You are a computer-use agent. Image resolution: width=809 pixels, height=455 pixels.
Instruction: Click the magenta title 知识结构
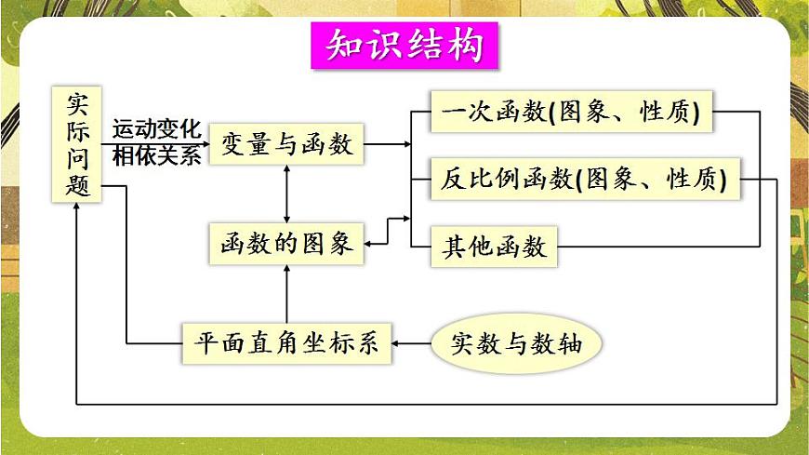pos(404,45)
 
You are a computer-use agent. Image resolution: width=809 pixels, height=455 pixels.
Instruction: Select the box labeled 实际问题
pos(77,143)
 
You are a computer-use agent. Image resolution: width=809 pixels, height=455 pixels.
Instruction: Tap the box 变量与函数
pos(286,143)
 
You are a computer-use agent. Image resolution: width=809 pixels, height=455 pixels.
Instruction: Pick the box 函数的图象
pos(286,243)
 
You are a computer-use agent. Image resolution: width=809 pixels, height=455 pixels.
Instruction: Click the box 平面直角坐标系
pos(286,342)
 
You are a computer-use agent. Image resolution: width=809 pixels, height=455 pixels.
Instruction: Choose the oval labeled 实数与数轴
pos(515,343)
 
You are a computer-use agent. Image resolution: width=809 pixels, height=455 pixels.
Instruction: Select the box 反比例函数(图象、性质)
pos(584,179)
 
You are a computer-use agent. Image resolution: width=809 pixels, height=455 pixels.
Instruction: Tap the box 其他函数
pos(493,247)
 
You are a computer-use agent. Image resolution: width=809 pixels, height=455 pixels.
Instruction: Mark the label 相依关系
pos(156,156)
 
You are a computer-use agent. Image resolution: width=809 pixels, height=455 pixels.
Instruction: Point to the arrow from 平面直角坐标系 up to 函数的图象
pos(286,293)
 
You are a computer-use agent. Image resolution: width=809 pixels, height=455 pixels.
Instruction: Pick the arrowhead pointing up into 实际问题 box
pos(77,206)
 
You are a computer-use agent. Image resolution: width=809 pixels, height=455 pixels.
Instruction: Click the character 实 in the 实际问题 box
pos(77,101)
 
